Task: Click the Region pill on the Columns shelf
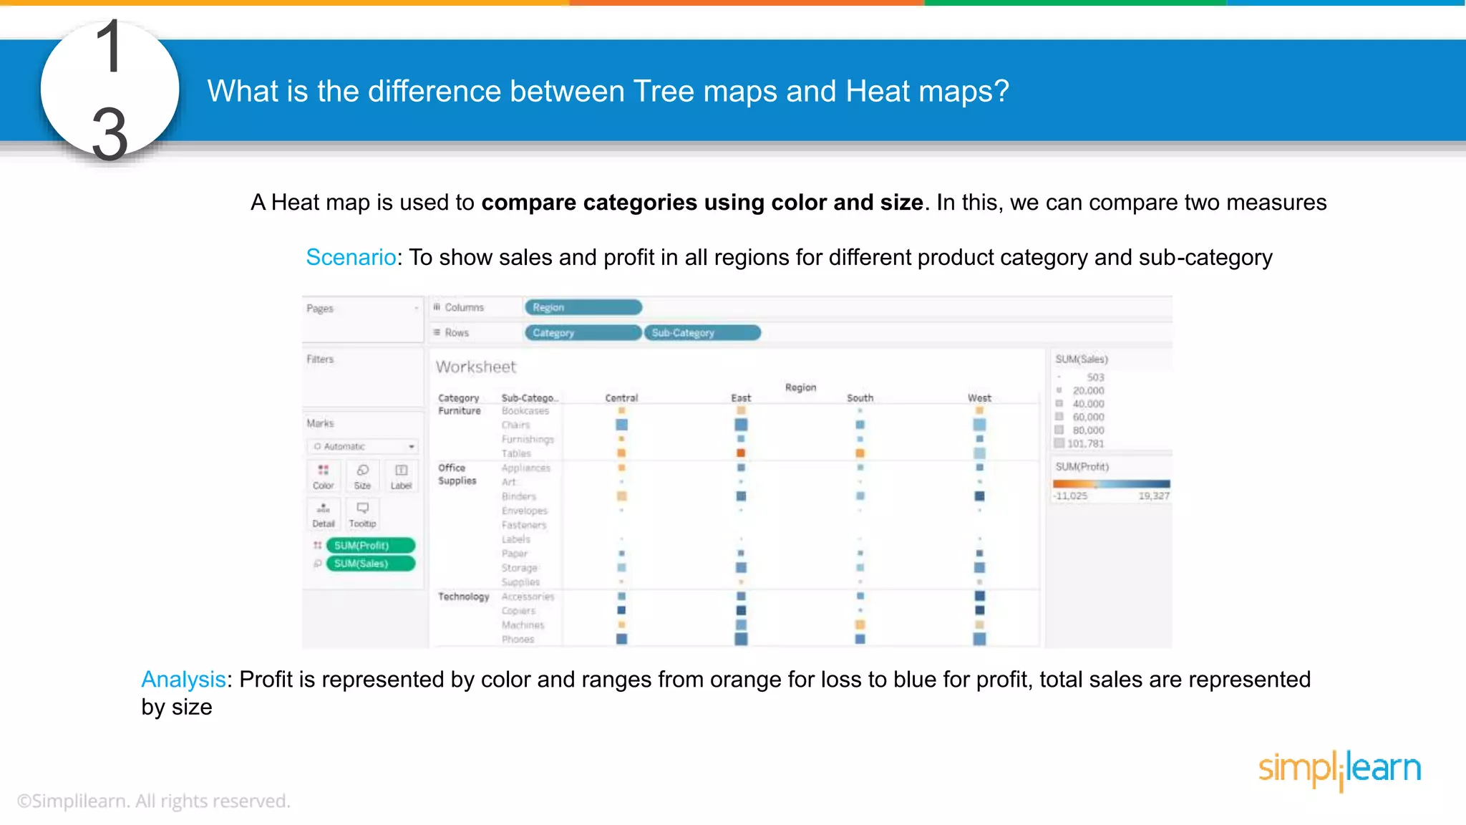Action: [x=583, y=307]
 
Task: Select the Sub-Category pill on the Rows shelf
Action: [x=702, y=333]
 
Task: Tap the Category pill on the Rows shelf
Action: [x=583, y=333]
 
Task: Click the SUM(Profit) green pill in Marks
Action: [x=370, y=546]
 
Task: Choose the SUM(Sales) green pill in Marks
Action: [x=370, y=564]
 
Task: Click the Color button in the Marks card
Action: [x=324, y=476]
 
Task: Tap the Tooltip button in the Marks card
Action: [x=362, y=513]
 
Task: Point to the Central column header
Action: [x=621, y=398]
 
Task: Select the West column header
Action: [x=979, y=398]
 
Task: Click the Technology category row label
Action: [x=463, y=597]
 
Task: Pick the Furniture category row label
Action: [x=460, y=411]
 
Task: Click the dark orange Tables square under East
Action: [x=741, y=453]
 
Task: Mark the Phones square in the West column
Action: [x=979, y=639]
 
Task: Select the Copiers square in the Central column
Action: [x=621, y=610]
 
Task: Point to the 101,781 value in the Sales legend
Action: [x=1085, y=444]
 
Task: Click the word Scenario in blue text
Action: [x=351, y=257]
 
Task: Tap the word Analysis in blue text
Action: [x=183, y=679]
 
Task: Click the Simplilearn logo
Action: [x=1339, y=769]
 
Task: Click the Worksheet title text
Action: [x=476, y=367]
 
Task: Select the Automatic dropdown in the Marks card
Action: [x=364, y=446]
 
